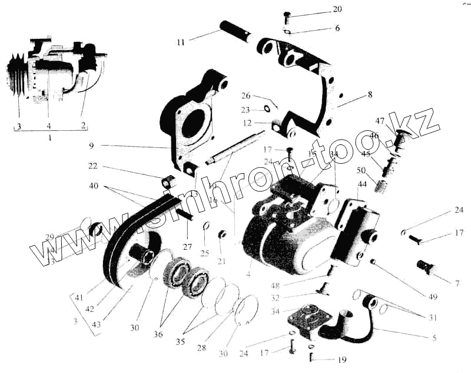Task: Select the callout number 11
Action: [x=180, y=42]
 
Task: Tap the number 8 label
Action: [x=370, y=94]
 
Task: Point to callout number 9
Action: [x=92, y=145]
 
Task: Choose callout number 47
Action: [x=380, y=122]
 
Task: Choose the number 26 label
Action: [x=246, y=95]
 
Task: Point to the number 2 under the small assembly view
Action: [x=83, y=125]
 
